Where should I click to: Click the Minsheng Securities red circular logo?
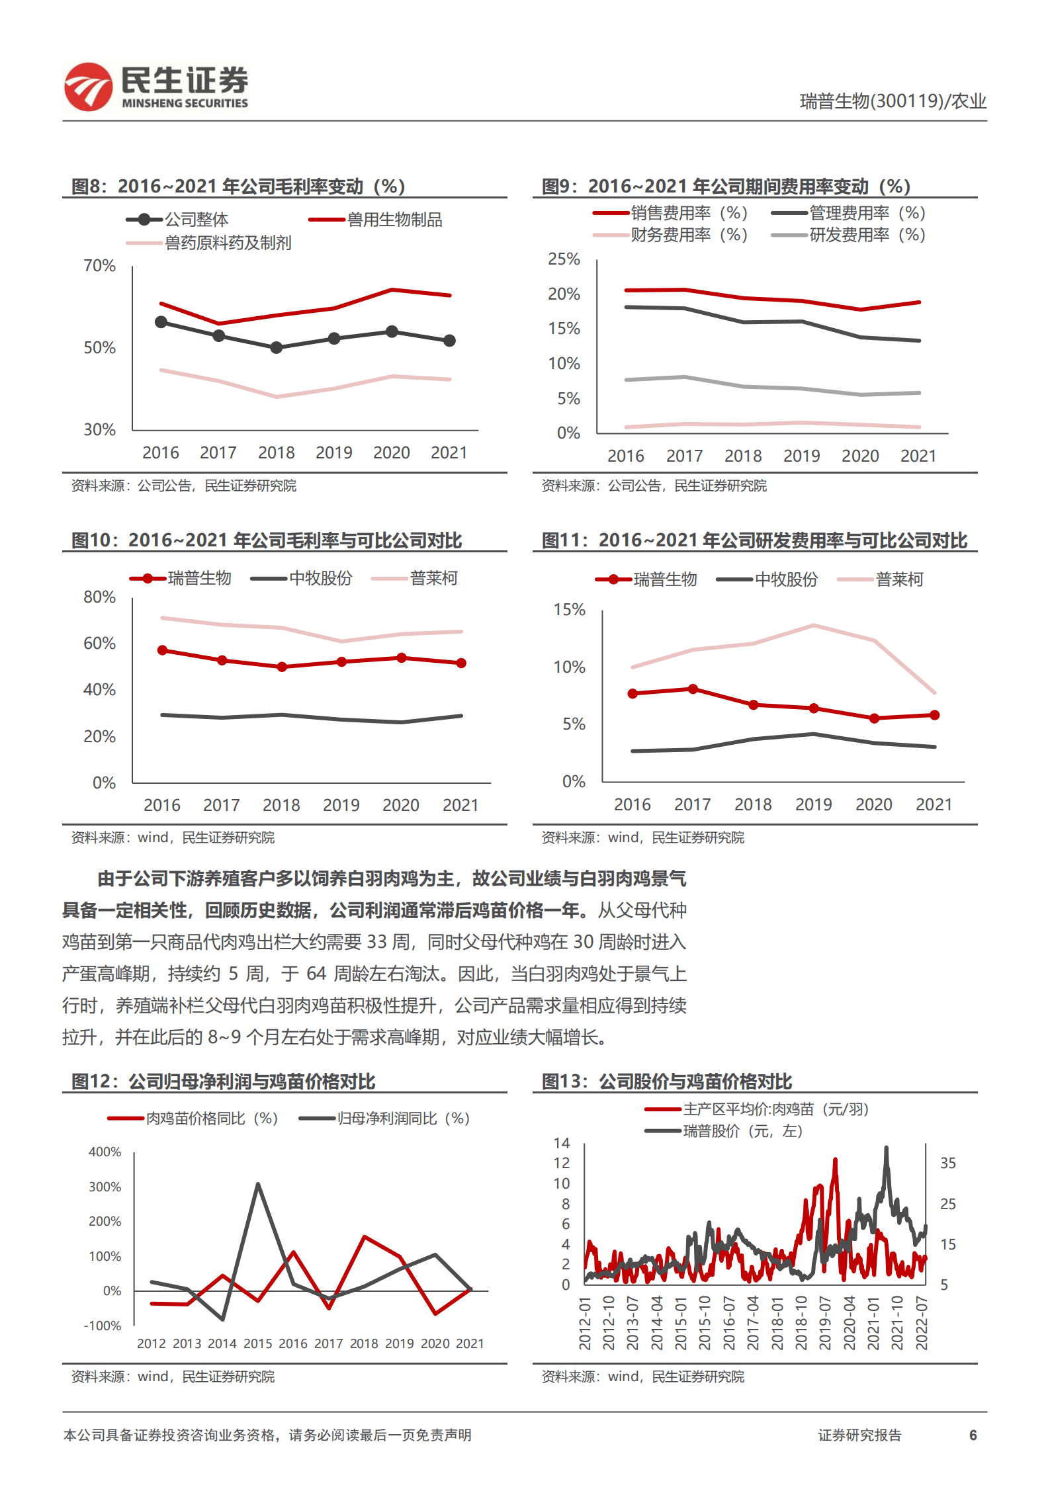pos(88,87)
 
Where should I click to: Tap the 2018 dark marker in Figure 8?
pos(277,347)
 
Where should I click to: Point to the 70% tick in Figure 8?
pos(99,266)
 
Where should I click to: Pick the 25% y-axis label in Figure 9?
pos(564,259)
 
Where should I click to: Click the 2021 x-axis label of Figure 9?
pos(918,456)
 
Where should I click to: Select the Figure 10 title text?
pos(267,540)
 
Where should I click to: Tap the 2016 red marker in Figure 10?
pos(163,650)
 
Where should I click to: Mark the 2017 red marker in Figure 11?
pos(693,689)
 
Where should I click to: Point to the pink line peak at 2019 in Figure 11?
pos(813,625)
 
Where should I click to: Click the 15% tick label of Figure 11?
pos(569,610)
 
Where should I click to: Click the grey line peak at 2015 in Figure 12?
pos(257,1184)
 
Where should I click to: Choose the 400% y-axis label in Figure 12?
pos(105,1152)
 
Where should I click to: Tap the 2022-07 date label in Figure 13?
pos(922,1323)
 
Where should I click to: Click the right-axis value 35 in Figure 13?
pos(947,1163)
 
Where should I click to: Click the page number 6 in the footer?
pos(973,1435)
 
